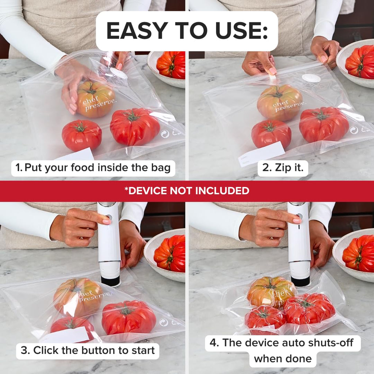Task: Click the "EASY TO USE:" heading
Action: coord(187,31)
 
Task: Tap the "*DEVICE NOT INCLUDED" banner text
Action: coord(187,191)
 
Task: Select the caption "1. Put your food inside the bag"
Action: coord(93,168)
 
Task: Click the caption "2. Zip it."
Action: coord(283,168)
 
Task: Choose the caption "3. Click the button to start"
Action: coord(88,351)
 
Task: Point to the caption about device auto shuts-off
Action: coord(283,351)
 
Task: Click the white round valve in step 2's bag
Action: coord(311,78)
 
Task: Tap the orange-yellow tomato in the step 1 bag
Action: coord(96,99)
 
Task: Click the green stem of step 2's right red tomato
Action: coord(321,115)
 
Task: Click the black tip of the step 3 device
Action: coord(110,281)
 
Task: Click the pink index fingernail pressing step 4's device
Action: coord(297,221)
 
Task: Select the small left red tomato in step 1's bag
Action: coord(81,135)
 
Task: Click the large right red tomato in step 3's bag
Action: coord(129,317)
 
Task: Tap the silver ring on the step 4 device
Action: coord(299,262)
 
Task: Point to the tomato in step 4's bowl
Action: coord(359,253)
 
